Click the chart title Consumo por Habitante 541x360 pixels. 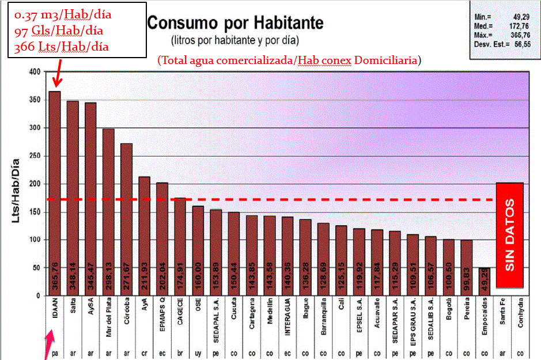coord(235,24)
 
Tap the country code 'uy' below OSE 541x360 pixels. coord(198,353)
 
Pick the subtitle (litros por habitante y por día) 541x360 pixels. coord(235,41)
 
